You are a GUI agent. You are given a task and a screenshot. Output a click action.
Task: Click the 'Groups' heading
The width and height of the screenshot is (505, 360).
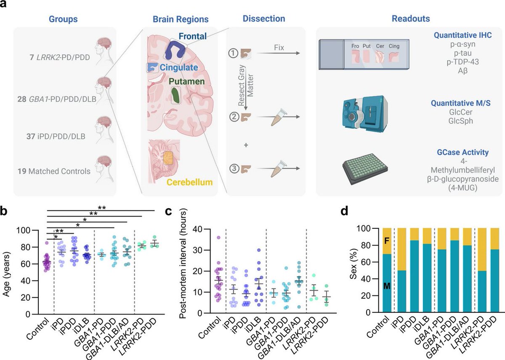pyautogui.click(x=63, y=19)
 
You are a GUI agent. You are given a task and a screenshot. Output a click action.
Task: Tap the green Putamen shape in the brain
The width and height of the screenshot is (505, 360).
pyautogui.click(x=175, y=95)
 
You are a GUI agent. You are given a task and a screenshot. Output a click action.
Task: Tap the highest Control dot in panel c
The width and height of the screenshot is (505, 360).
pyautogui.click(x=218, y=237)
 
